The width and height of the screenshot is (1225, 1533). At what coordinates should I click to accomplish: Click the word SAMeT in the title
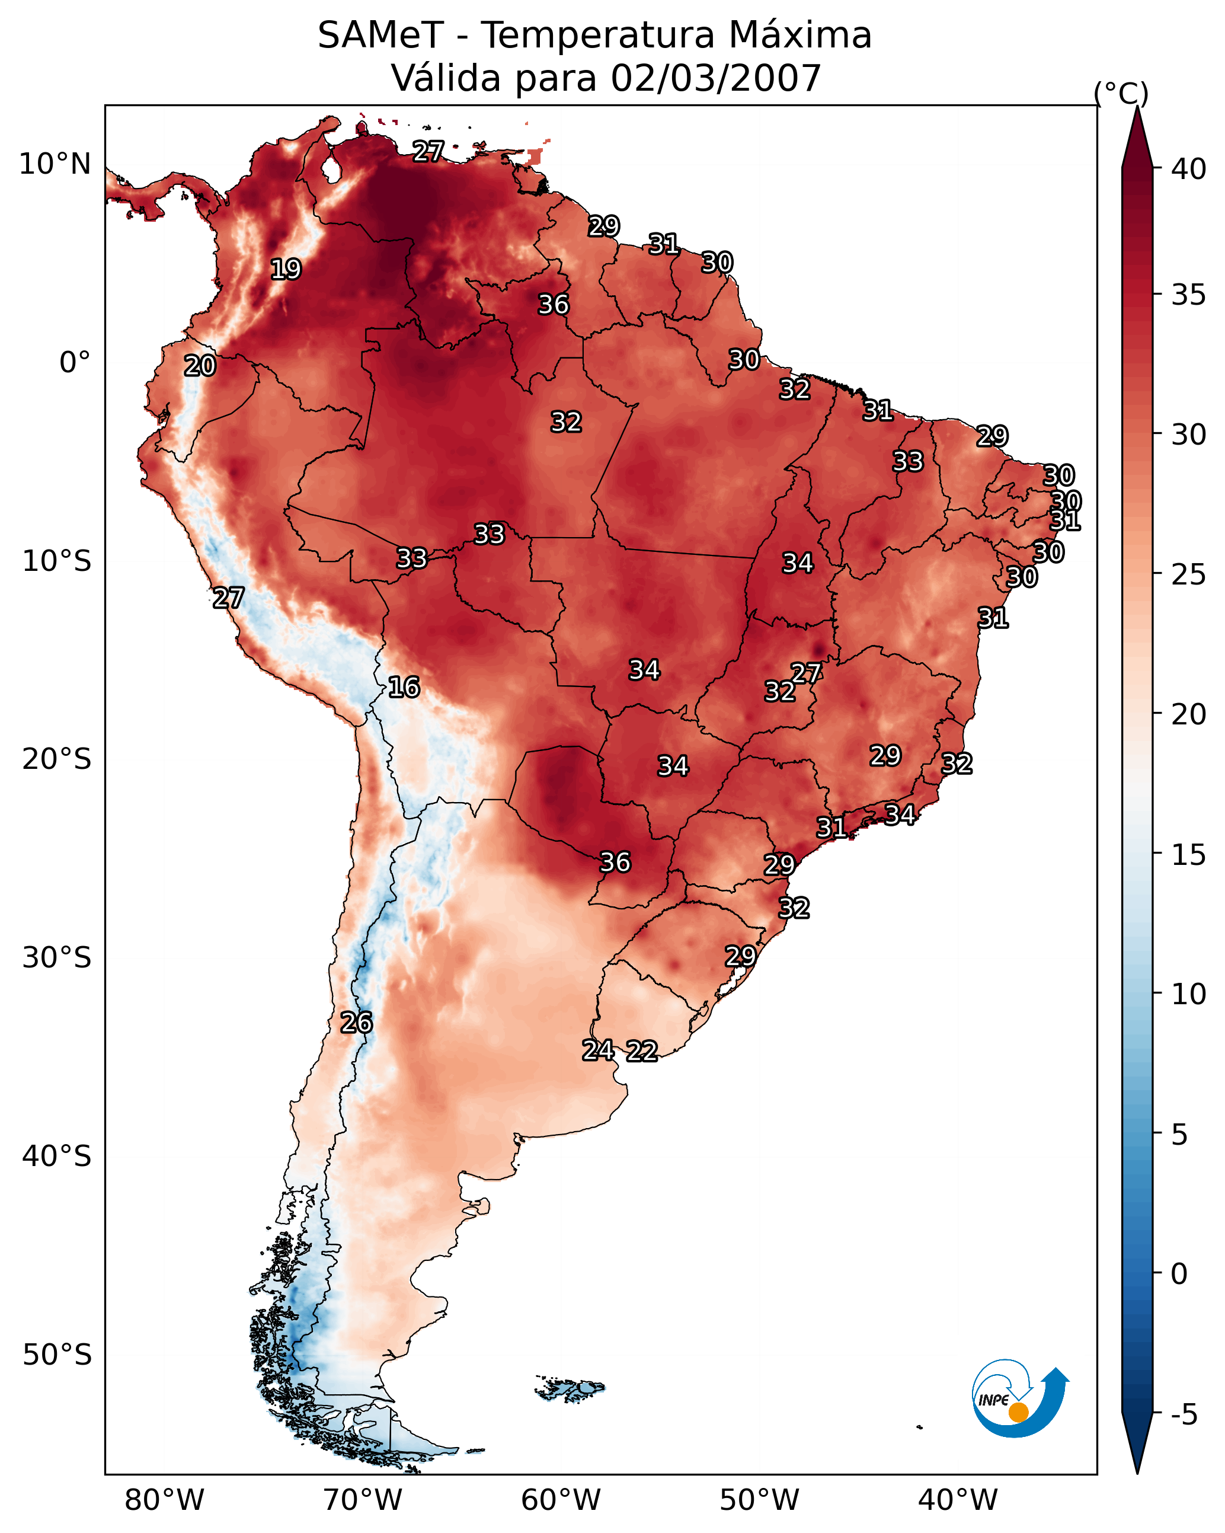tap(380, 36)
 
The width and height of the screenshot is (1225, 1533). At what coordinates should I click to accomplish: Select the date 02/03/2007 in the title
tap(716, 78)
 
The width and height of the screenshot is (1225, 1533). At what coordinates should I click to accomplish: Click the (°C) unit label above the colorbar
tap(1121, 93)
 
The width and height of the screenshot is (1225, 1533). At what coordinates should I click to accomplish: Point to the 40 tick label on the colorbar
tap(1189, 169)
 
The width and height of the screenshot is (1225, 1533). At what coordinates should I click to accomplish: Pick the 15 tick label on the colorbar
tap(1189, 855)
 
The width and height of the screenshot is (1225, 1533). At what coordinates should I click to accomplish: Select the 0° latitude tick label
tap(75, 363)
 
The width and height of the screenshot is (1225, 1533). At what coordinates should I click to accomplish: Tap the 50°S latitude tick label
tap(57, 1355)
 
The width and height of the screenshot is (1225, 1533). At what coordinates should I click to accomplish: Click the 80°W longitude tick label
tap(164, 1500)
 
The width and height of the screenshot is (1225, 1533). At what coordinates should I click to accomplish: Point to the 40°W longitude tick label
tap(958, 1500)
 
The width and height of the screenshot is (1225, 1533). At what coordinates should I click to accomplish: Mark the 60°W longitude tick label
tap(561, 1500)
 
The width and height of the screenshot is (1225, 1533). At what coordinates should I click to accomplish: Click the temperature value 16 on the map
tap(404, 687)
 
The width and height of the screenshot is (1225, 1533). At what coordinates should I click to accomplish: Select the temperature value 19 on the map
tap(286, 270)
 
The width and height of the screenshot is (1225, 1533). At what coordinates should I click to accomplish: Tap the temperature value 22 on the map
tap(642, 1051)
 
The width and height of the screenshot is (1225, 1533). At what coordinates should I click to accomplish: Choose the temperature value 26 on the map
tap(356, 1023)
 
